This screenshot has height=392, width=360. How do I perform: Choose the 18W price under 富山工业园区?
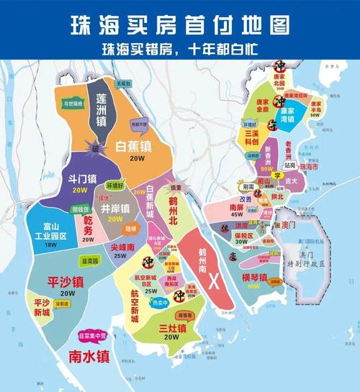(50, 245)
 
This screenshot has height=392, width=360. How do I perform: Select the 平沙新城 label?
(37, 307)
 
